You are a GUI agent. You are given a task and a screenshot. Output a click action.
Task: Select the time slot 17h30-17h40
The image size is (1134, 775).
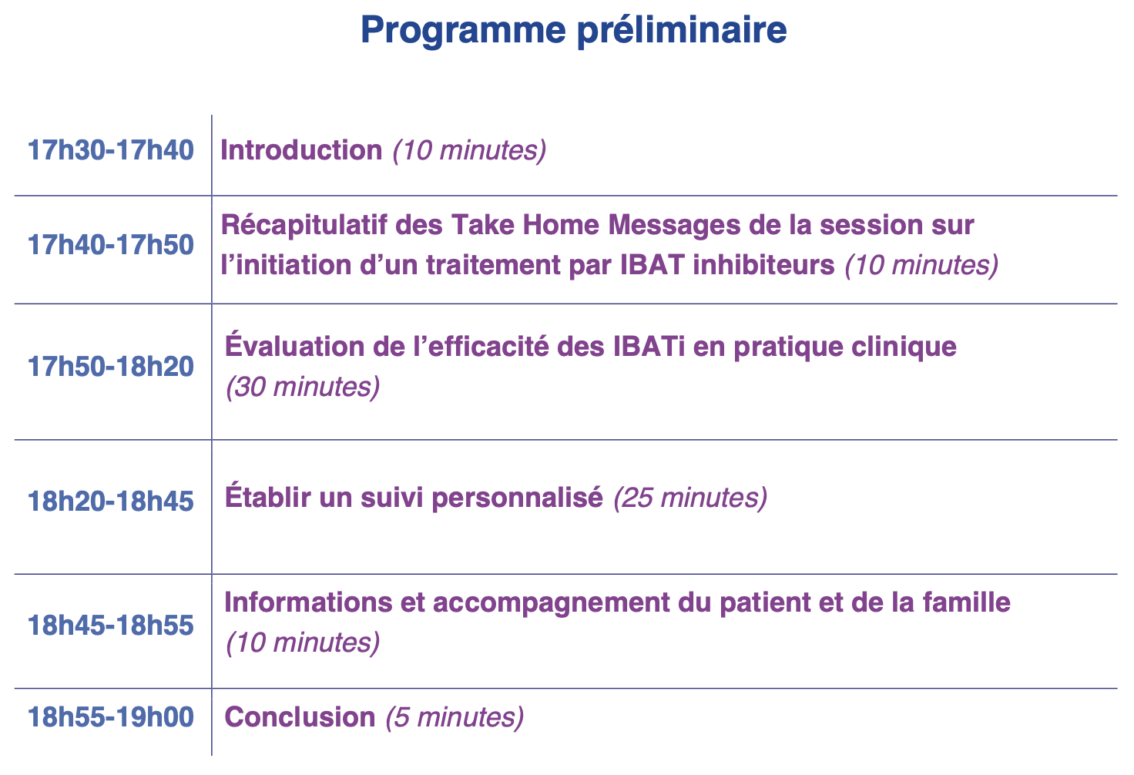111,149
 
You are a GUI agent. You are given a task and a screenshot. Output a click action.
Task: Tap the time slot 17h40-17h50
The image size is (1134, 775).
111,244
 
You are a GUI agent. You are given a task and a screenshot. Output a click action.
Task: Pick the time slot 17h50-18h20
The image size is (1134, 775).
111,366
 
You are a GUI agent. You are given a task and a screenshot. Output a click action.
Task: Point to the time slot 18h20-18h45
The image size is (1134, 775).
111,502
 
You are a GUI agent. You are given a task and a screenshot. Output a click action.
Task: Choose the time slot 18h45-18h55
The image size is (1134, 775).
111,626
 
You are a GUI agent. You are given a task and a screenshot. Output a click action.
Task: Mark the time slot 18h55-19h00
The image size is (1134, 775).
111,716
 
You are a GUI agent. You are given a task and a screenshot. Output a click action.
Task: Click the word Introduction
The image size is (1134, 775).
301,149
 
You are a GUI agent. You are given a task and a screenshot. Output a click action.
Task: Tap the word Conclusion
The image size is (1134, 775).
300,716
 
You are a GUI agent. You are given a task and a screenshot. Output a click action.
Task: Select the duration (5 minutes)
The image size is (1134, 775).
455,718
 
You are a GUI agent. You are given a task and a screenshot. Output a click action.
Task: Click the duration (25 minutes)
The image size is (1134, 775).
690,498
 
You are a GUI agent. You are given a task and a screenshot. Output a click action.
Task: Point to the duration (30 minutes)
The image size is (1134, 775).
303,387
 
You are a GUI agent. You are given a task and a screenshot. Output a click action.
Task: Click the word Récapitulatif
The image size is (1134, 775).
304,225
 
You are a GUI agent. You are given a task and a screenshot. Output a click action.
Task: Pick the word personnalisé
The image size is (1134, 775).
518,498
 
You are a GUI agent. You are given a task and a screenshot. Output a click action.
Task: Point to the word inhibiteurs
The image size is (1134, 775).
763,265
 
